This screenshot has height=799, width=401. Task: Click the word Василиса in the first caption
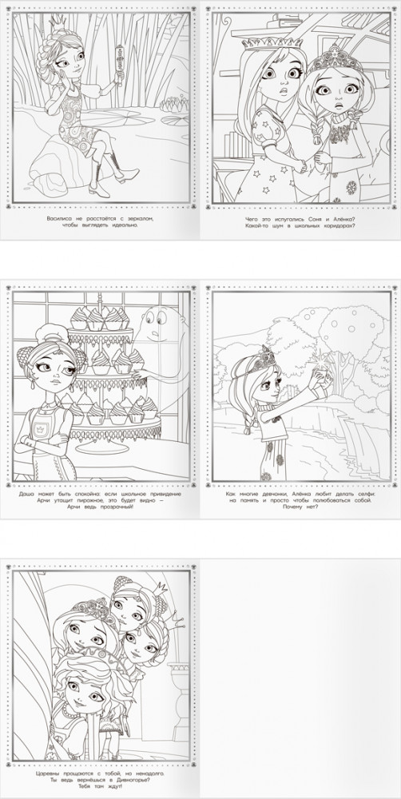tap(58, 218)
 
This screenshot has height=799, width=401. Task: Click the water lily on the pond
tap(175, 104)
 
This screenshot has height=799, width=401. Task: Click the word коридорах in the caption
tap(334, 225)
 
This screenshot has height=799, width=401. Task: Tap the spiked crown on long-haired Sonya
tap(272, 43)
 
